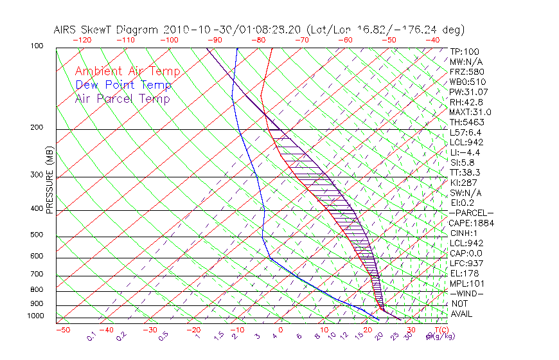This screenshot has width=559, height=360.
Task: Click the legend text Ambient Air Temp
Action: coord(127,71)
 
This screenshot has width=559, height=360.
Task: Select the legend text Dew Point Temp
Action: coord(123,85)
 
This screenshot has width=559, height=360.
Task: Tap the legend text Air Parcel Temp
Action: coord(122,98)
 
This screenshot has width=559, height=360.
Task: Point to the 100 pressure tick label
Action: coord(36,46)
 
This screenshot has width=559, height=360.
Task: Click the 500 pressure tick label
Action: coord(36,235)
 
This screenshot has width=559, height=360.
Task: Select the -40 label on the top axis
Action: coord(432,39)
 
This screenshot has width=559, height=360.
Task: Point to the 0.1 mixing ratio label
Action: coord(92,336)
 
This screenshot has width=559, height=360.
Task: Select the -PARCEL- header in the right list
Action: coord(471,213)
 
